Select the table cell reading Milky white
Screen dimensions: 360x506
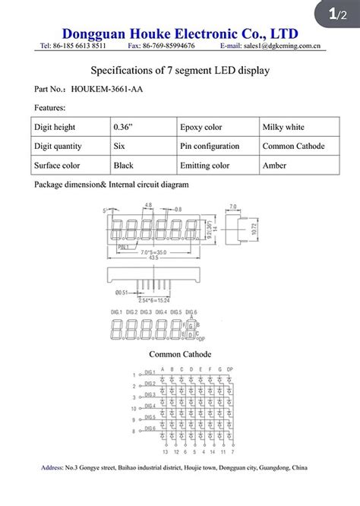284,127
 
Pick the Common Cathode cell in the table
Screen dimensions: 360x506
293,146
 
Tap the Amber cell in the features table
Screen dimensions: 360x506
275,165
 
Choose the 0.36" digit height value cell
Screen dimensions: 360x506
124,127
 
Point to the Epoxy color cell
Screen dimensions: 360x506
201,127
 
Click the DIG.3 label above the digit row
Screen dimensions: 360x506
147,312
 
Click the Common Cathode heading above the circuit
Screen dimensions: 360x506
180,354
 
